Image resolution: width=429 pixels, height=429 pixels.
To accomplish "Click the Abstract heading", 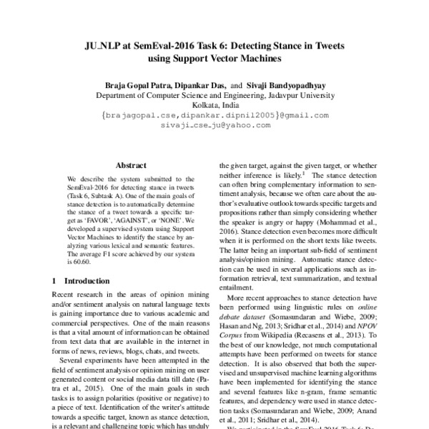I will tap(131, 164).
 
